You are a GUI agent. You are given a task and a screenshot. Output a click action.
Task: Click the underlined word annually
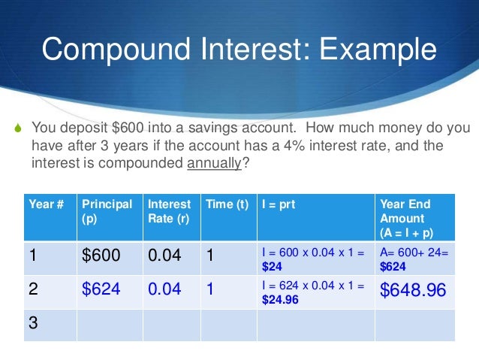[213, 160]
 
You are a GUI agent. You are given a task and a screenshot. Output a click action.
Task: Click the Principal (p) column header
[107, 210]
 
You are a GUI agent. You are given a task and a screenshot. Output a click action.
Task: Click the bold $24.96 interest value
[279, 298]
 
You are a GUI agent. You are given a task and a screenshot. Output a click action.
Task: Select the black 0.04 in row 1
[164, 257]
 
